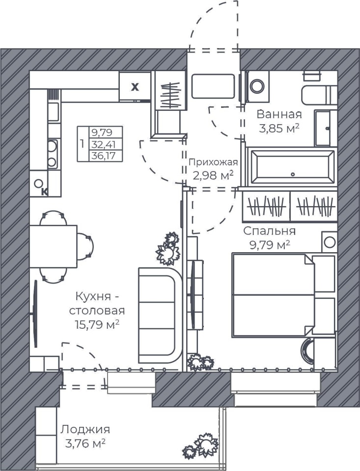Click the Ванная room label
279,114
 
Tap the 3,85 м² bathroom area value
279,129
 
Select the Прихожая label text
213,162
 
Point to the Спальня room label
270,231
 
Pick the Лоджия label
85,430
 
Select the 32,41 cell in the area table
104,145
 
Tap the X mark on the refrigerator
135,87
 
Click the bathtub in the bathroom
293,167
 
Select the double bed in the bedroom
283,294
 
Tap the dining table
53,246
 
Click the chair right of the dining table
85,246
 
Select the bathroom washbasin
326,128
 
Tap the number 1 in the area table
83,144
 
